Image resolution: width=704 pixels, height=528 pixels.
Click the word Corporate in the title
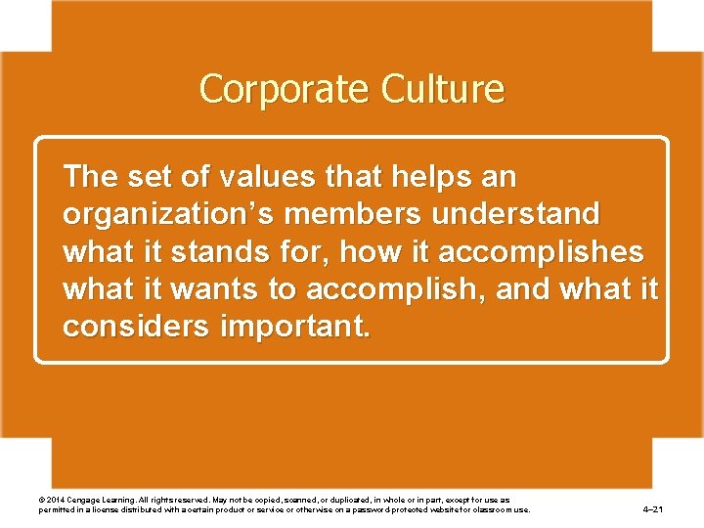pyautogui.click(x=267, y=89)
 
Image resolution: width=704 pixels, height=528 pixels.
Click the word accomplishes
pyautogui.click(x=542, y=252)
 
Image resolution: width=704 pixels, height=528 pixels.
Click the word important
pyautogui.click(x=294, y=327)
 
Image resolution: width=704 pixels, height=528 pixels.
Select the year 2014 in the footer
pyautogui.click(x=56, y=500)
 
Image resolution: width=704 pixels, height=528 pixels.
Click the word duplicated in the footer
pyautogui.click(x=360, y=500)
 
